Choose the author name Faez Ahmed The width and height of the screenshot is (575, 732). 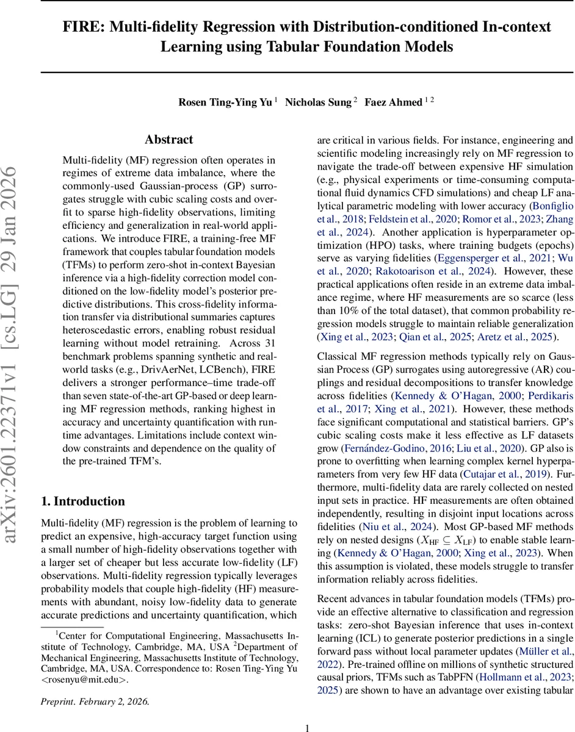point(394,102)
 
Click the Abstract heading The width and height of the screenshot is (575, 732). point(169,140)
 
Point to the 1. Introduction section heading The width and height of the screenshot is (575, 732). point(82,501)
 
